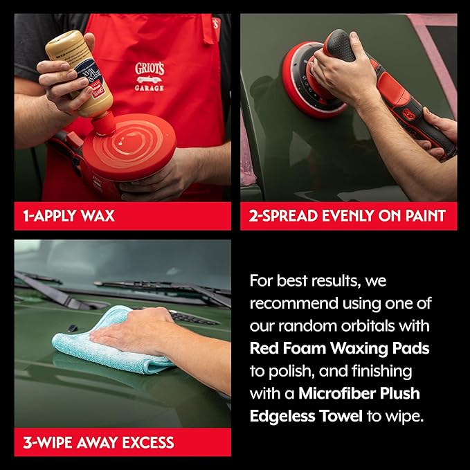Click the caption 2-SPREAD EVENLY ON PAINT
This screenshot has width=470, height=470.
(x=348, y=216)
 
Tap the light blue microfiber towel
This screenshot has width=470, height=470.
(x=104, y=343)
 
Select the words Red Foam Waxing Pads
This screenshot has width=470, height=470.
(x=340, y=348)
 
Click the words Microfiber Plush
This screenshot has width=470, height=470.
(x=359, y=394)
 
